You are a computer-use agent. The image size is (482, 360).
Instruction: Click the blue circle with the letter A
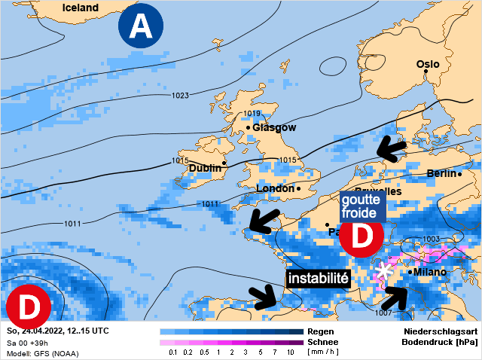(x=140, y=27)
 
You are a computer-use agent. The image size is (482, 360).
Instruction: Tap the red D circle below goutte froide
(x=362, y=236)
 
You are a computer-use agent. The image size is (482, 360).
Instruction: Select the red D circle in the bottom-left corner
(x=28, y=307)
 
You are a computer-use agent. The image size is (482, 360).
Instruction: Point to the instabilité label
(x=319, y=278)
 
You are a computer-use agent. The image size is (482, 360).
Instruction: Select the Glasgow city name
(x=274, y=127)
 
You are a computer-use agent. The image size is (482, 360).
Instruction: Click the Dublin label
(x=205, y=168)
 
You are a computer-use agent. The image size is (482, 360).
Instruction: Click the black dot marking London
(x=299, y=188)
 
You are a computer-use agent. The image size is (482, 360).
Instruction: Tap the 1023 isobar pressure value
(x=180, y=96)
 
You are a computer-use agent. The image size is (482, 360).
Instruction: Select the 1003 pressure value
(x=432, y=239)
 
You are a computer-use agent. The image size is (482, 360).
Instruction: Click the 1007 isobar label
(x=383, y=312)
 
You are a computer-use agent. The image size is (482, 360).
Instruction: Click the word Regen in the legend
(x=320, y=331)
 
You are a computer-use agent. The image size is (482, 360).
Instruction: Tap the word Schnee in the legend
(x=322, y=342)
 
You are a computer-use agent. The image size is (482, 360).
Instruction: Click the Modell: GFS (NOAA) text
(x=42, y=353)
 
